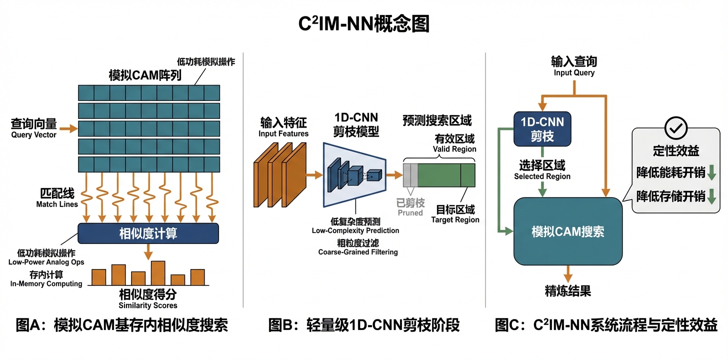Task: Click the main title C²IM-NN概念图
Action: click(363, 23)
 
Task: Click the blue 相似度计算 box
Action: click(148, 233)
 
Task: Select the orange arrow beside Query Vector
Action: click(69, 129)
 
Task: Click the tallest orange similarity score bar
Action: click(158, 273)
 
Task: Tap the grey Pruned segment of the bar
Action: click(410, 175)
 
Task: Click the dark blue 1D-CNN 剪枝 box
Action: click(542, 128)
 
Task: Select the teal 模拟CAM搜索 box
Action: click(567, 231)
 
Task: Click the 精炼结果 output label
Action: click(567, 291)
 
